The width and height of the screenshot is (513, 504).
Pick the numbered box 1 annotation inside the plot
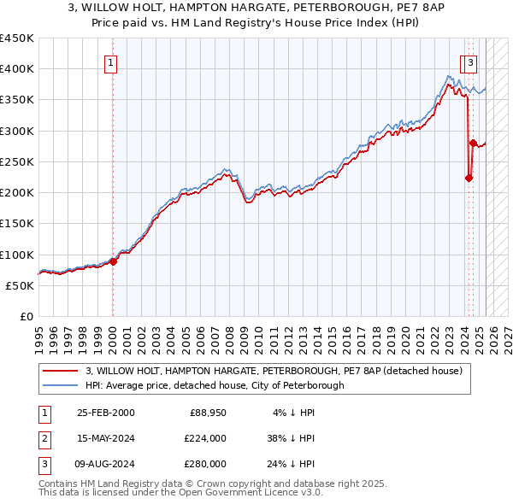tap(112, 62)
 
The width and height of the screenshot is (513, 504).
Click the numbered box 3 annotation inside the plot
tap(471, 62)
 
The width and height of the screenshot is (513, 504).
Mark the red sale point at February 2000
tap(113, 261)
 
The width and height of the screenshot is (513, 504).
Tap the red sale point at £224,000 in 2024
tap(469, 178)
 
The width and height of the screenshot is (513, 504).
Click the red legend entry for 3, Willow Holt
tap(274, 371)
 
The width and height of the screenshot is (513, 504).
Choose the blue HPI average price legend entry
tap(215, 385)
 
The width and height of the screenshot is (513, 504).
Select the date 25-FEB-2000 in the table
tap(106, 413)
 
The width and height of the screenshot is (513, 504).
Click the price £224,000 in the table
tap(204, 438)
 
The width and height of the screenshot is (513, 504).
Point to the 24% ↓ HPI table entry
tap(290, 464)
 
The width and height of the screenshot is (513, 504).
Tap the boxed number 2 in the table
tap(44, 438)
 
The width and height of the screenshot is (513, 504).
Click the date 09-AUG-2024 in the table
tap(106, 464)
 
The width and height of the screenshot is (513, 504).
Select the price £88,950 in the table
tap(207, 413)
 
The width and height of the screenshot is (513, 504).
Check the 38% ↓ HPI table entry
tap(290, 438)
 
